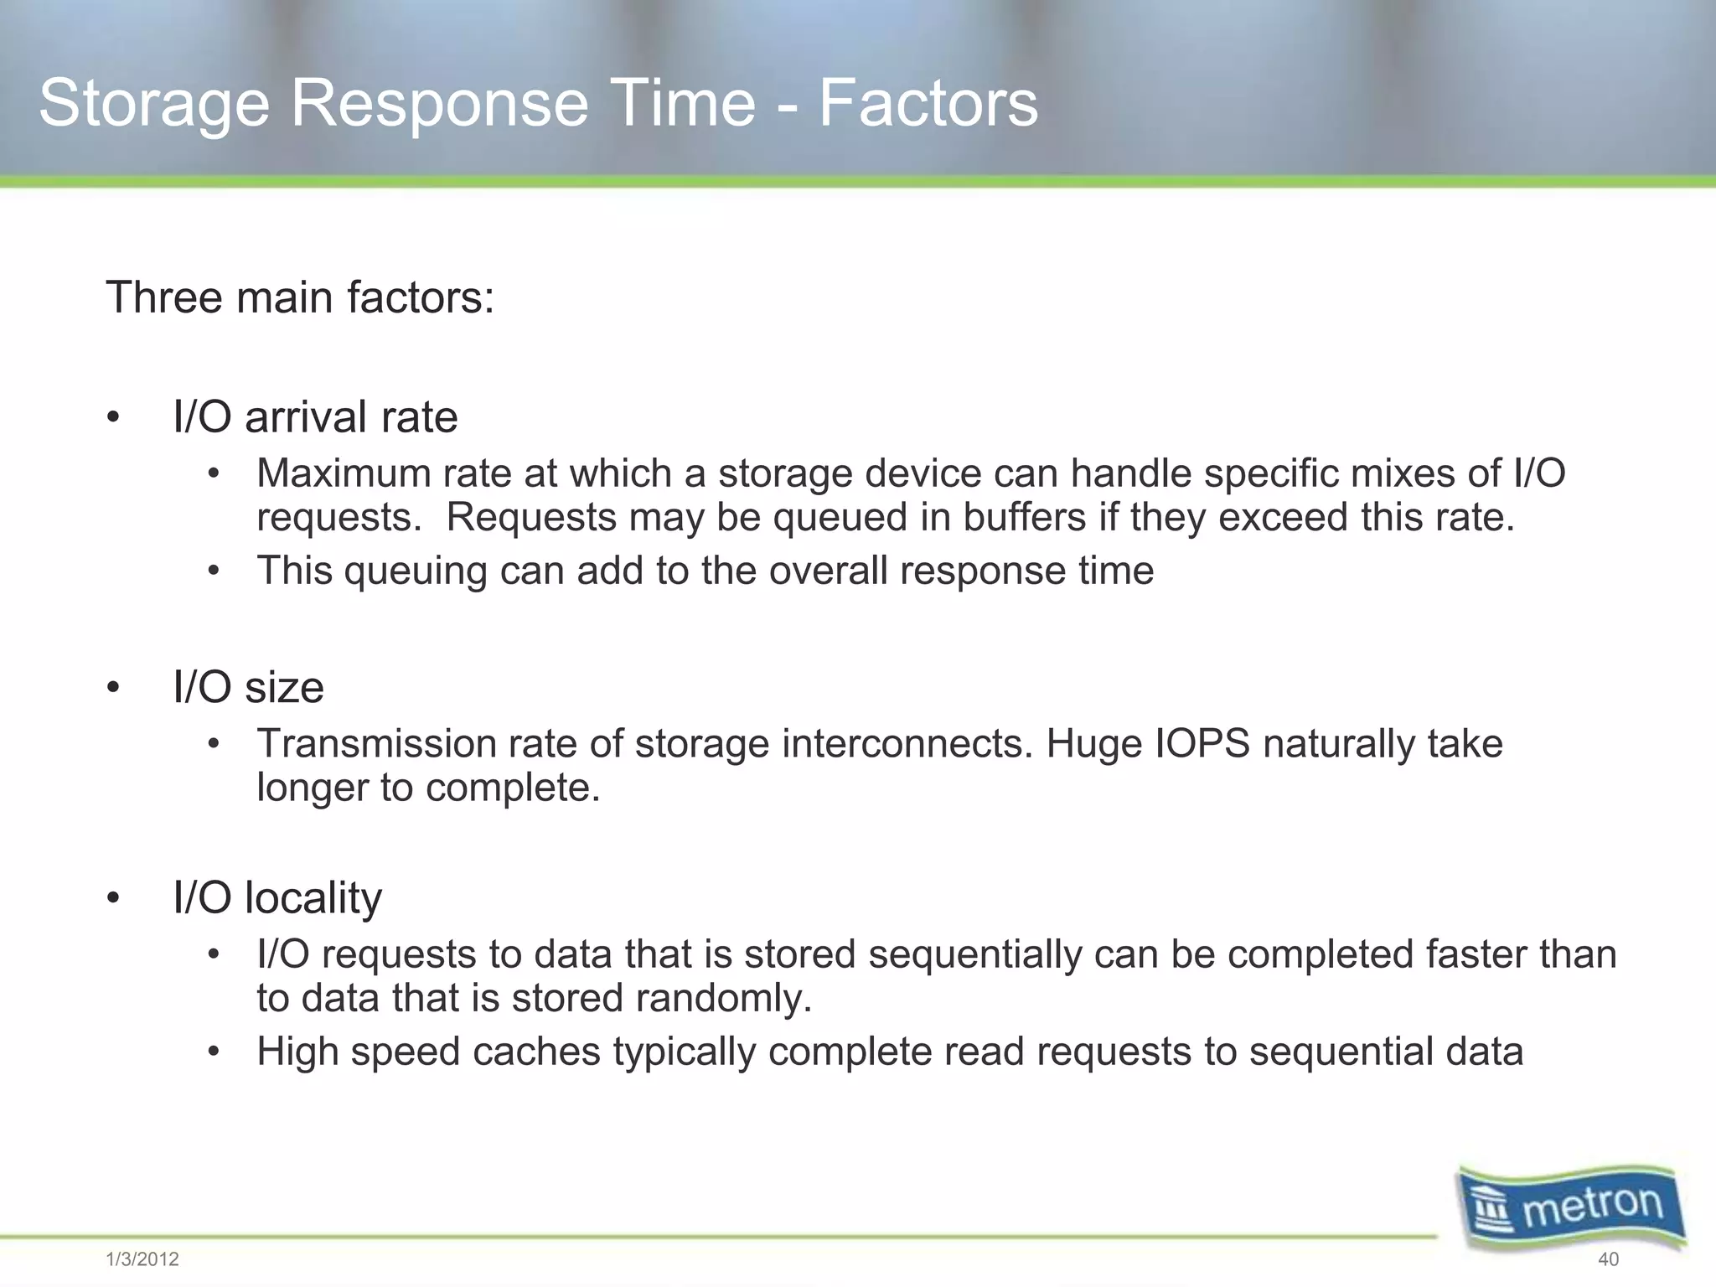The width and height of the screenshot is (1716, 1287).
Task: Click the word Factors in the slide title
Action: [x=928, y=104]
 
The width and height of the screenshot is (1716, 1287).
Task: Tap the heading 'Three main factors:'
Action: [x=300, y=297]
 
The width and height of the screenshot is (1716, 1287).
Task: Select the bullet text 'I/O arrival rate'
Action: [x=315, y=417]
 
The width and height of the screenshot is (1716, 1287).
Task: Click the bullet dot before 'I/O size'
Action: [x=113, y=688]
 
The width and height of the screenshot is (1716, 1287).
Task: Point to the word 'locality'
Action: [x=313, y=897]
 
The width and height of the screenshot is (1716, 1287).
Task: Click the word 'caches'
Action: [x=536, y=1052]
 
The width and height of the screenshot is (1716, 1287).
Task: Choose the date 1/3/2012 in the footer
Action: [x=142, y=1259]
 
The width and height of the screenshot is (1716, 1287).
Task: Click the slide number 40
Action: [x=1608, y=1259]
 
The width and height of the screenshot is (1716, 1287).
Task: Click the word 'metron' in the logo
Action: [x=1592, y=1207]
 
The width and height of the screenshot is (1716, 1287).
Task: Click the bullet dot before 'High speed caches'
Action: [x=214, y=1052]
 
